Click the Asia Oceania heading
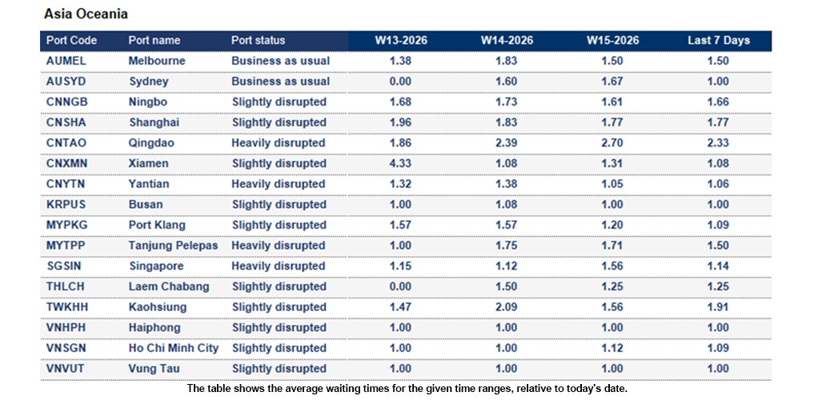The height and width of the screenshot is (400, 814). click(x=86, y=14)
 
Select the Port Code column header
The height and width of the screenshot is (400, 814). click(x=72, y=40)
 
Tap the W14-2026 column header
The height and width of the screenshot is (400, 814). click(x=506, y=40)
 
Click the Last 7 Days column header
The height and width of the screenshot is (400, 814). click(x=718, y=40)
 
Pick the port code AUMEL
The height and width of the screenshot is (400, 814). click(x=66, y=61)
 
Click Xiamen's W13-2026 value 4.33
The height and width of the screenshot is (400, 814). click(x=399, y=163)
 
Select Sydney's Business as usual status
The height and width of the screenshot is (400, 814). click(x=280, y=82)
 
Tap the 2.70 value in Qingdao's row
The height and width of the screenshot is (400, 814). click(x=612, y=143)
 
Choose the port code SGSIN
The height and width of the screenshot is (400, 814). click(x=66, y=266)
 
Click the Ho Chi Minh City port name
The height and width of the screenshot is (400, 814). click(x=173, y=348)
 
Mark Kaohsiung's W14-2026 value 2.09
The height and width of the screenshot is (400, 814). click(x=506, y=307)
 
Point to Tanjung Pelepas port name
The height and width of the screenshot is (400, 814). click(x=173, y=246)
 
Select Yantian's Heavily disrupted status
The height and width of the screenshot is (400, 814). click(x=279, y=184)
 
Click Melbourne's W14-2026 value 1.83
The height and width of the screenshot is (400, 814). click(x=506, y=61)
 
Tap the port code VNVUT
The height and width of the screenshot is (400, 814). click(x=66, y=369)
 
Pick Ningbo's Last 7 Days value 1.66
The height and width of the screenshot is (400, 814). click(x=718, y=102)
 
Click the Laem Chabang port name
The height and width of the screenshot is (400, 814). click(x=169, y=286)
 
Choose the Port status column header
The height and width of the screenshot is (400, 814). click(x=258, y=40)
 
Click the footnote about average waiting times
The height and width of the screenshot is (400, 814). click(x=407, y=388)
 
